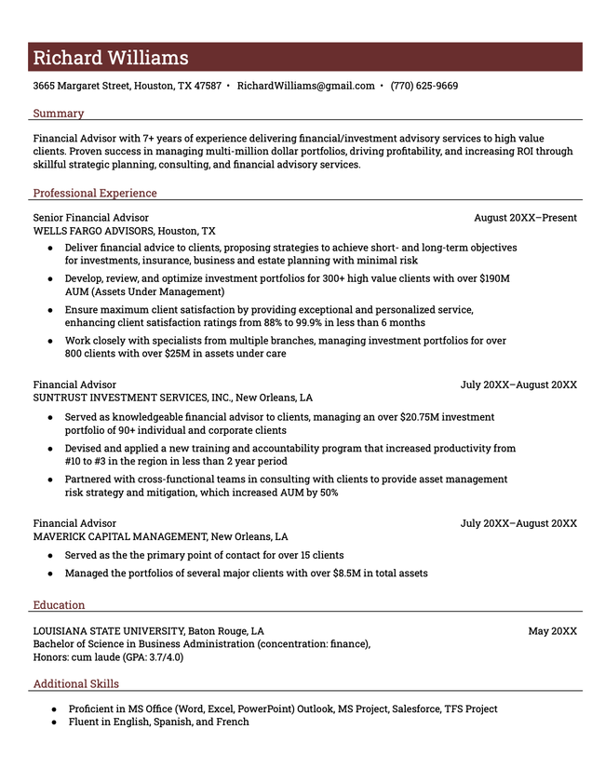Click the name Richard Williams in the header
click(111, 58)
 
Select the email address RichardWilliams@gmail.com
click(305, 86)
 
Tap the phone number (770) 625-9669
click(423, 86)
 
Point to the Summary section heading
click(58, 114)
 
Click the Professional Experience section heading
click(95, 194)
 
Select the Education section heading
click(59, 605)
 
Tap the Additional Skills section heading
click(75, 684)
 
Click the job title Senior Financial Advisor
click(90, 218)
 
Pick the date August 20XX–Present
click(525, 218)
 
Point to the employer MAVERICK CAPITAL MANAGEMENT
click(120, 537)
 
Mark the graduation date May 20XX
click(552, 631)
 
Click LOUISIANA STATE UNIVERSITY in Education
click(108, 631)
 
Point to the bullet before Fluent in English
click(54, 722)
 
